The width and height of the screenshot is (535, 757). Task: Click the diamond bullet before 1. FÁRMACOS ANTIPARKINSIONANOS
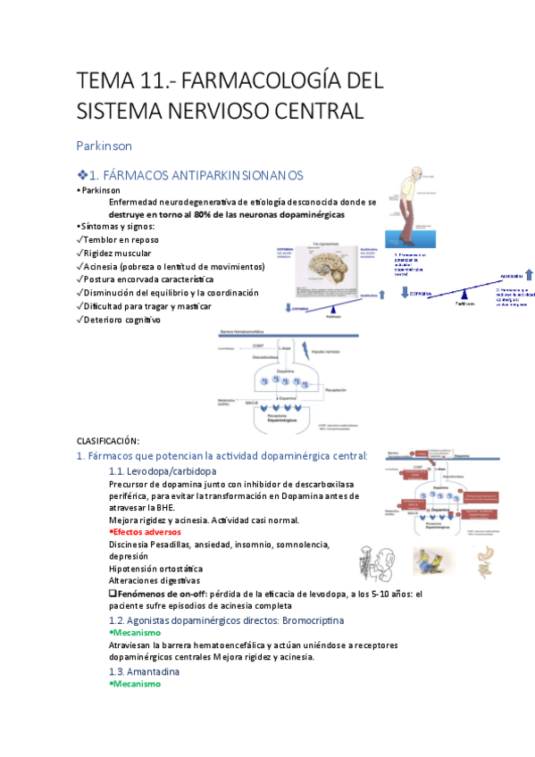[x=83, y=176]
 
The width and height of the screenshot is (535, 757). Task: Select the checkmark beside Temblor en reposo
[x=80, y=241]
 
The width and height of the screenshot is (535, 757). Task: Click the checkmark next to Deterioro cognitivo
[x=80, y=320]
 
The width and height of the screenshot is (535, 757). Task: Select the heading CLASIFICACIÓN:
[x=108, y=441]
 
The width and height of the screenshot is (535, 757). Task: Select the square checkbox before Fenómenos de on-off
[x=112, y=594]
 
